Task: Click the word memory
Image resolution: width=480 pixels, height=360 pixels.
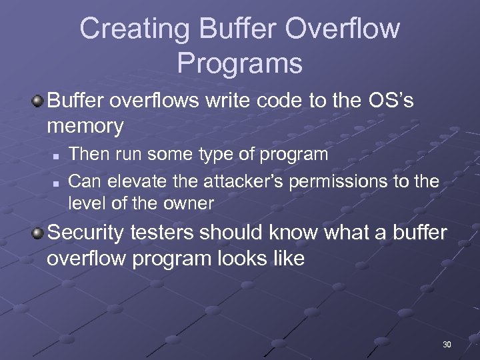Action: pos(85,126)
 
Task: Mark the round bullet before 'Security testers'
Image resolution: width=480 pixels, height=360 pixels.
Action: pos(39,233)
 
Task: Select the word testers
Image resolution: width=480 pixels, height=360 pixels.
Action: pos(166,233)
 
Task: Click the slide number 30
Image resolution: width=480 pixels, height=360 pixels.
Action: pos(447,345)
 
